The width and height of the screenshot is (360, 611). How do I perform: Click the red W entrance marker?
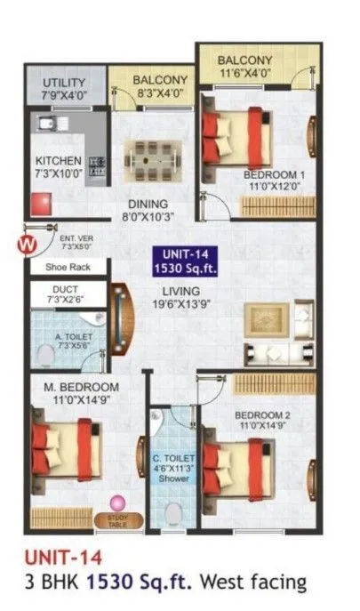(28, 241)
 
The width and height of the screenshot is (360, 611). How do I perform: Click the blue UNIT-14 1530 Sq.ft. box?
(183, 259)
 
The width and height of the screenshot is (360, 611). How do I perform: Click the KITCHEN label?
(59, 166)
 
